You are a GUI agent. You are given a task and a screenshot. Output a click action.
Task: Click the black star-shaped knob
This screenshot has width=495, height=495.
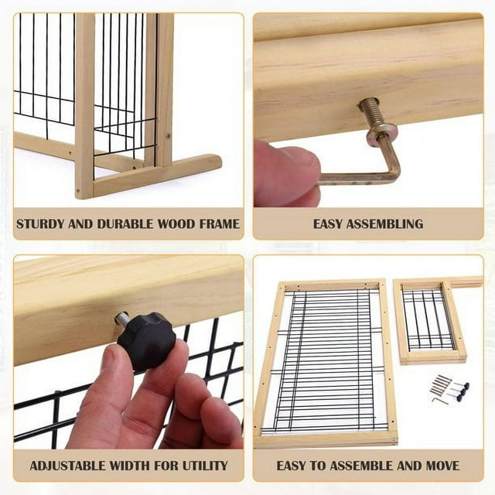[147, 340]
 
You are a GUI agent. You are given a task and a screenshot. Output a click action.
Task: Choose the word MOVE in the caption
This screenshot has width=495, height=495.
[442, 466]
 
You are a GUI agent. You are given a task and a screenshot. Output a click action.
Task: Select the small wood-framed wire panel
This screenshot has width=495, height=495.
[430, 321]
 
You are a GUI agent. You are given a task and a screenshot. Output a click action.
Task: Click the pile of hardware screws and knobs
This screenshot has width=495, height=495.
[449, 389]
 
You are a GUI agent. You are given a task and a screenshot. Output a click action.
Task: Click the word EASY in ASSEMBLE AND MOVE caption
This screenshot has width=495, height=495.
[291, 466]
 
